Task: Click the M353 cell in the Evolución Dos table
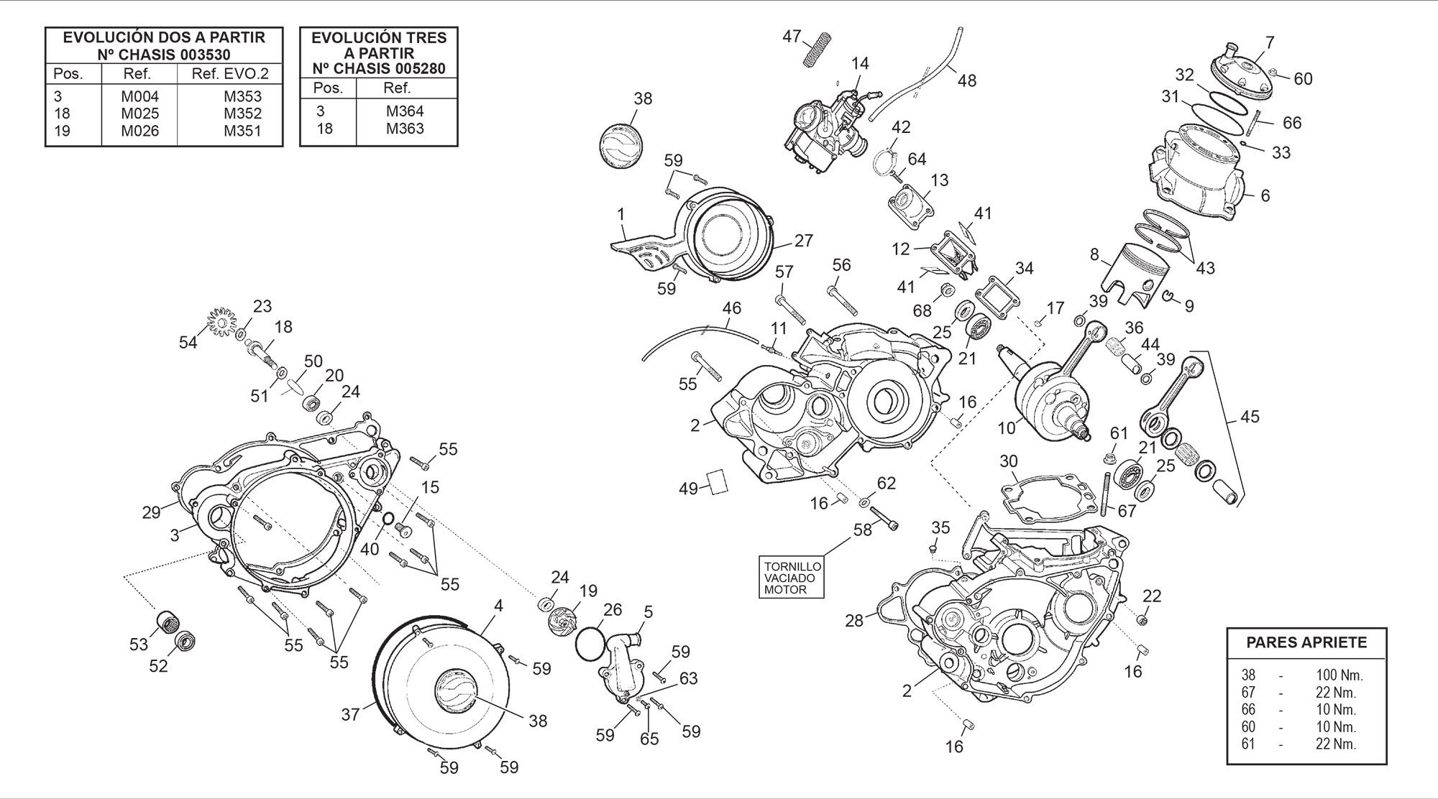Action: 242,96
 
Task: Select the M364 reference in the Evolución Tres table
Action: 405,111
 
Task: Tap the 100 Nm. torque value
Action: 1339,675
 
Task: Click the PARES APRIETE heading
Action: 1306,642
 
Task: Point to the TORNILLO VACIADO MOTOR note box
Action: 791,578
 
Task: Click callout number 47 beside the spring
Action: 792,36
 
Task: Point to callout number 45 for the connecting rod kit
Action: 1250,417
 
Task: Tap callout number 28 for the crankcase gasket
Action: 854,620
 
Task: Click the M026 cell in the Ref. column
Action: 139,131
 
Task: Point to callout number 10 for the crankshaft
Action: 1006,428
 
